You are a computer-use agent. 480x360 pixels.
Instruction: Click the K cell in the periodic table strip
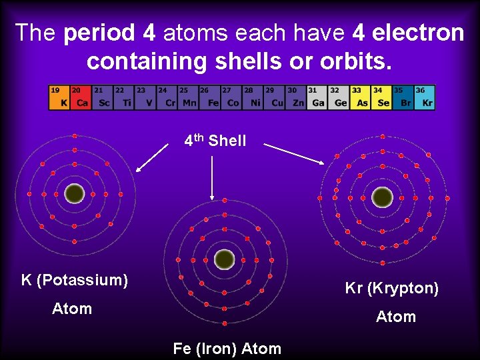click(59, 97)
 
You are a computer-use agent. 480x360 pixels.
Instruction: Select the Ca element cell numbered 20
click(80, 97)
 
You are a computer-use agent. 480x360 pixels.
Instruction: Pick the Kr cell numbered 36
click(425, 97)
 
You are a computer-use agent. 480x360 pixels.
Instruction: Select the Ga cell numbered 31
click(317, 97)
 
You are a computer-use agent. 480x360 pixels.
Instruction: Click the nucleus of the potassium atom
click(75, 193)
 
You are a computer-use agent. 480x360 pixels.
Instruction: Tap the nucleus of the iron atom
click(225, 258)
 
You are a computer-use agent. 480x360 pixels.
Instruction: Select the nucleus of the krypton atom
click(382, 197)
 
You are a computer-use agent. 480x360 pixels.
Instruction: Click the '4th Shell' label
click(215, 141)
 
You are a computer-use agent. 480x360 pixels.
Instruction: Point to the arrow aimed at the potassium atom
click(152, 157)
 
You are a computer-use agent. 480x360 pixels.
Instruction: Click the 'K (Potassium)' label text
click(75, 280)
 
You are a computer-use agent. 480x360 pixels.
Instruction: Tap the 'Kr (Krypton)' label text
click(392, 289)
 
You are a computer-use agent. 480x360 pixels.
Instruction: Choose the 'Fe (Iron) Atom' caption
click(227, 348)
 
